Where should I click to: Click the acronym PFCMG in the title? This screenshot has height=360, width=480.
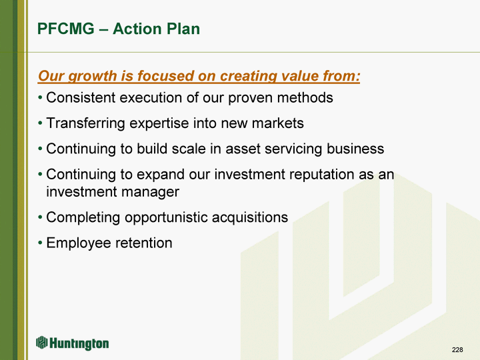point(66,29)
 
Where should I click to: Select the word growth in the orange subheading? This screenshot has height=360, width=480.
point(92,76)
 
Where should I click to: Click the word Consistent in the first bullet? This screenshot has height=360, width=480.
point(81,97)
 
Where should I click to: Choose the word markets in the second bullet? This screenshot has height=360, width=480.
point(277,123)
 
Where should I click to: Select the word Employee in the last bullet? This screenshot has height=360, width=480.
point(76,243)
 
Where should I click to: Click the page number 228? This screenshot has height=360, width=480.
point(457,349)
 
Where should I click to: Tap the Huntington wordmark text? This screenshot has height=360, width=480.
point(79,343)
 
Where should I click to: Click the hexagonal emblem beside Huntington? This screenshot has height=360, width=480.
point(41,342)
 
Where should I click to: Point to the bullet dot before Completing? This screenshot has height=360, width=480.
point(40,217)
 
